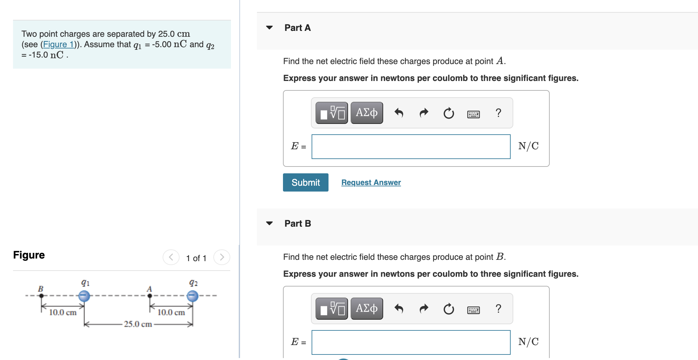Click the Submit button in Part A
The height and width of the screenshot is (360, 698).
click(x=305, y=182)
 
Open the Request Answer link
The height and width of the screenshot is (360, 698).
click(x=371, y=182)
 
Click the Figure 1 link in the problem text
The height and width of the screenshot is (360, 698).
click(x=59, y=44)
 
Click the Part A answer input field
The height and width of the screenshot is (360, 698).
click(x=411, y=147)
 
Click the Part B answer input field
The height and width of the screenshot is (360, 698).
click(x=411, y=342)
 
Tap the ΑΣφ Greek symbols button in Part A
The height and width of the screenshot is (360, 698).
click(x=367, y=113)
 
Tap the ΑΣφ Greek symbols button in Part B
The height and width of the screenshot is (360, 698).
click(x=367, y=309)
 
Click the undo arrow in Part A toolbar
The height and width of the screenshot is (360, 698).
click(x=399, y=113)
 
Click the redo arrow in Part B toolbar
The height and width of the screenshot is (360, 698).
click(x=424, y=309)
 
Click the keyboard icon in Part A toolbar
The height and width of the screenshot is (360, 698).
click(x=473, y=114)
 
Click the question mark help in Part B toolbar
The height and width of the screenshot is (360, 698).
click(x=498, y=309)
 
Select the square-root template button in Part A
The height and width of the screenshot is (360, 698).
click(x=332, y=113)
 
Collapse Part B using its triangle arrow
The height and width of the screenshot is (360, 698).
click(x=269, y=223)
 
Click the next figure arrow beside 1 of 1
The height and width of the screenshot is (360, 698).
click(x=222, y=257)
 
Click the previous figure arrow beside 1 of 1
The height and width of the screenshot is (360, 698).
click(x=171, y=257)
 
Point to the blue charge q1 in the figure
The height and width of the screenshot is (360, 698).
click(x=84, y=296)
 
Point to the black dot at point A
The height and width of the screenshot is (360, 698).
click(x=150, y=296)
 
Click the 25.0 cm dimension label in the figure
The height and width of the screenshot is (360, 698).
click(x=138, y=324)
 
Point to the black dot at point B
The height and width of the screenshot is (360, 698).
click(x=41, y=296)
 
